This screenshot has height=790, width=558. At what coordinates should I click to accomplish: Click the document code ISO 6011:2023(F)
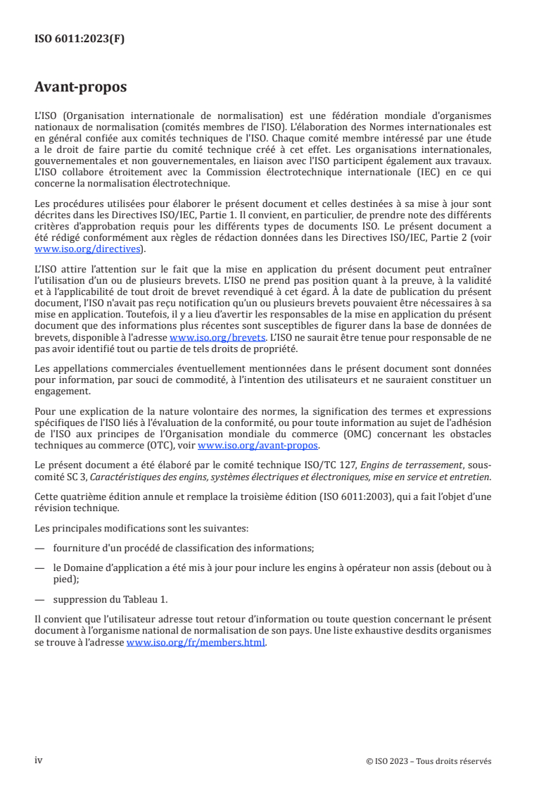[x=80, y=39]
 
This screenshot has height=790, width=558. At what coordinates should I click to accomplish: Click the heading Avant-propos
[x=80, y=87]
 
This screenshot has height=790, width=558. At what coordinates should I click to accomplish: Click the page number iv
[x=39, y=760]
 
